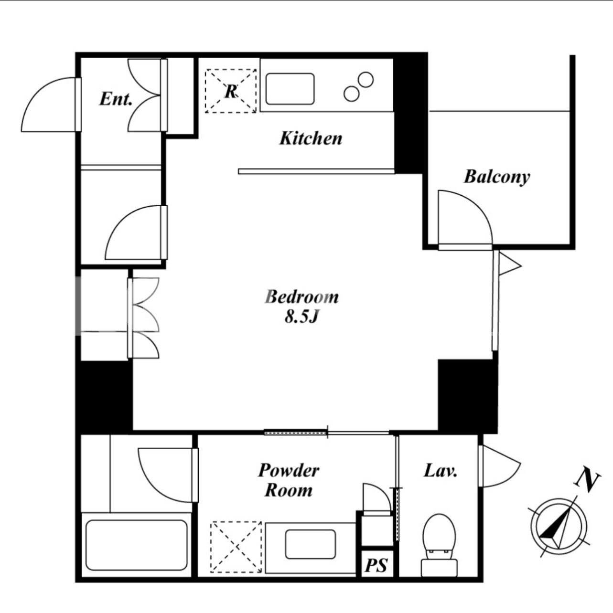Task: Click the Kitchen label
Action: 311,139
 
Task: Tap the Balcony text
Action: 497,177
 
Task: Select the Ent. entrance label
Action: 116,99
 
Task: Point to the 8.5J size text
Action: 301,317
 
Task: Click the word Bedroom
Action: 301,297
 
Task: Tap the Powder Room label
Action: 289,480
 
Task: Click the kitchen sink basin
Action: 290,89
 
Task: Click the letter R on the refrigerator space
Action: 231,91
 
